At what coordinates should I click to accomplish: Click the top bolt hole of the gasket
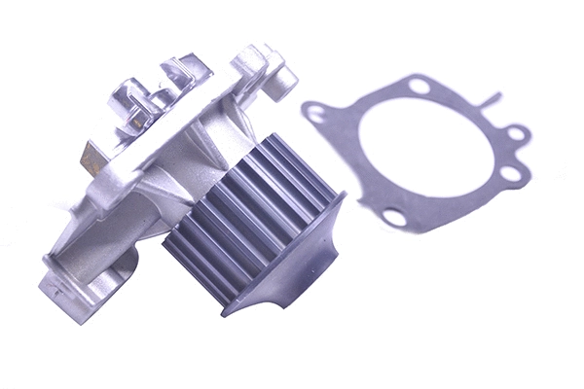[419, 87]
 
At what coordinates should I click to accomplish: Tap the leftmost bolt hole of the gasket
[316, 114]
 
